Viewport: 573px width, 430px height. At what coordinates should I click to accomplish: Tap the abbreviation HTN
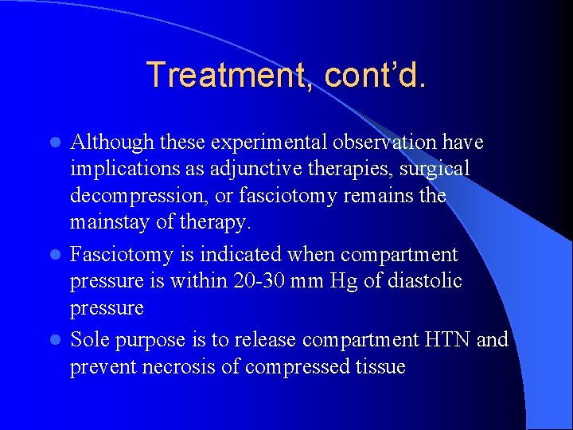coord(449,340)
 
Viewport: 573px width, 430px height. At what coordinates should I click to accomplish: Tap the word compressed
coord(299,366)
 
